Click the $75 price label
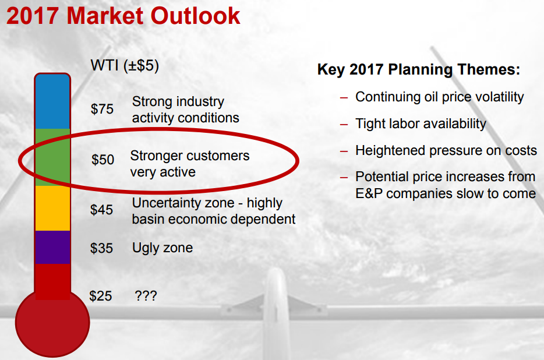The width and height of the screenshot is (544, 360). click(102, 109)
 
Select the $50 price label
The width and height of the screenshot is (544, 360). click(103, 160)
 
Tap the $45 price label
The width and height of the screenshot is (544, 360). click(101, 210)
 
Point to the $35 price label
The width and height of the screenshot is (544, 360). click(101, 248)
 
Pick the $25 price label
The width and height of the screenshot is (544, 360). click(101, 296)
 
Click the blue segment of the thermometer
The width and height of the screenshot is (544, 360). click(52, 101)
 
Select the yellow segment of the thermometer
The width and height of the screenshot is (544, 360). click(52, 209)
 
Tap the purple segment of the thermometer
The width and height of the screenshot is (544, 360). click(52, 247)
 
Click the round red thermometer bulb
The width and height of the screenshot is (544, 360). click(52, 323)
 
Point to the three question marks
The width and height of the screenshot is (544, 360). click(146, 296)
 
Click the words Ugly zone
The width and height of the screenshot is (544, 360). click(163, 248)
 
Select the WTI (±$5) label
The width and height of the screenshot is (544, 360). click(125, 66)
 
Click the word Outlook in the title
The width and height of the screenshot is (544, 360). click(195, 16)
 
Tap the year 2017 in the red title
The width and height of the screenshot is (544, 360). click(33, 16)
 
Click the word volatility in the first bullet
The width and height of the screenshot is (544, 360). click(499, 97)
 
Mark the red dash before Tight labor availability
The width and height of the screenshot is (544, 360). click(344, 124)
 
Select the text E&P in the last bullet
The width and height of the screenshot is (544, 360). click(369, 194)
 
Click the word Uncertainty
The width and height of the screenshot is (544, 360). click(183, 203)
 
